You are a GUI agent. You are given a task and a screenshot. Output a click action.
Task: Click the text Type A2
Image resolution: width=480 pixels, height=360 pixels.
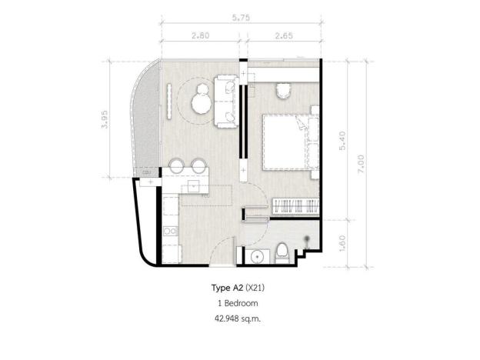click(227, 289)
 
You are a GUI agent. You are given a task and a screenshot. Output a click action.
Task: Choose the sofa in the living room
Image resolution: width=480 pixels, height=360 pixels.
click(227, 100)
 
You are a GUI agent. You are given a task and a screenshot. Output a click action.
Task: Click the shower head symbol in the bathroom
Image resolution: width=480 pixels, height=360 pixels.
click(308, 238)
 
